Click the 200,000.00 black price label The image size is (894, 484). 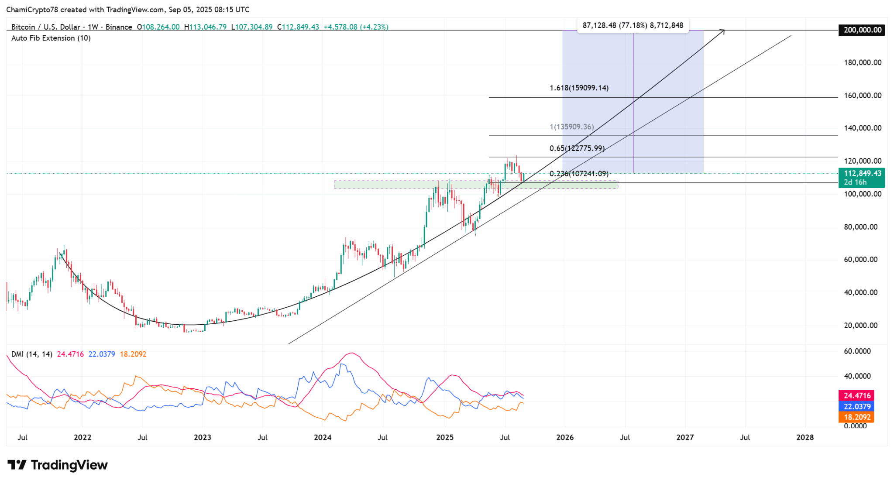[x=861, y=30]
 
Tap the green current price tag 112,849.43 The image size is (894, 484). [x=862, y=173]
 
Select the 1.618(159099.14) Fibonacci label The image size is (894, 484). [x=579, y=88]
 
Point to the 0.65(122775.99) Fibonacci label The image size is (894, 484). [x=577, y=148]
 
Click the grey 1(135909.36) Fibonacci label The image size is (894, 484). [x=571, y=127]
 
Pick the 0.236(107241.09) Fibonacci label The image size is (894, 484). [x=578, y=174]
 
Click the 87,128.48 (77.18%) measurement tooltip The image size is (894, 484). [x=633, y=25]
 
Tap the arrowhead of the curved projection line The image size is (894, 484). [x=723, y=31]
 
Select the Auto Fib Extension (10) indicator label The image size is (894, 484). [x=51, y=38]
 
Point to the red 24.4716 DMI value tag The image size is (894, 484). [x=856, y=395]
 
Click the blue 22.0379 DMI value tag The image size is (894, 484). [x=856, y=406]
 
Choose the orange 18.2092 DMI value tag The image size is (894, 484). [x=856, y=417]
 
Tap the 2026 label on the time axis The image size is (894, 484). [x=565, y=437]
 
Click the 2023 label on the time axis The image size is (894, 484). [x=202, y=437]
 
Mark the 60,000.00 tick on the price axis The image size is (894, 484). [x=860, y=260]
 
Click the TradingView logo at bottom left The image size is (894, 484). [x=58, y=465]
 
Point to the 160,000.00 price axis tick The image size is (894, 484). [x=862, y=96]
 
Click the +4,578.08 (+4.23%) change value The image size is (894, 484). [x=356, y=27]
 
